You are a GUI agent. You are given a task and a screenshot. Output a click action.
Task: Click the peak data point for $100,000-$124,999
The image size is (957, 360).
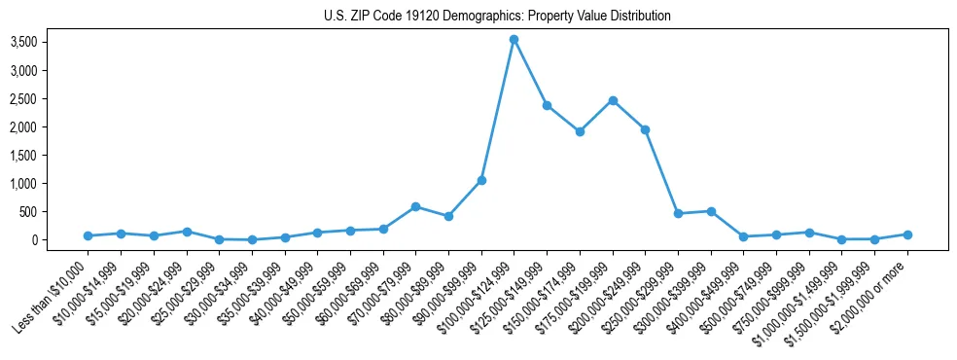click(514, 40)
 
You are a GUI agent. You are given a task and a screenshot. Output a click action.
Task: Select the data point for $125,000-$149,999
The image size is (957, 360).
click(547, 105)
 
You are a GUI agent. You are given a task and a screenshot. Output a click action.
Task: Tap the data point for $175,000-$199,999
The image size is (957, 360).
click(613, 100)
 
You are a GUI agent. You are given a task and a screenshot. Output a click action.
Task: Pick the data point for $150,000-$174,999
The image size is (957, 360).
click(580, 131)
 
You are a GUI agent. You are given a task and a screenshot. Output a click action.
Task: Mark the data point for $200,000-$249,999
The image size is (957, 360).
click(645, 129)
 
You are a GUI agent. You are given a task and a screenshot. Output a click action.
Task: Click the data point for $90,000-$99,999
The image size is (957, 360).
click(481, 180)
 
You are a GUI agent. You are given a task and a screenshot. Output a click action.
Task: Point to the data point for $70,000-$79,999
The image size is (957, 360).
click(415, 206)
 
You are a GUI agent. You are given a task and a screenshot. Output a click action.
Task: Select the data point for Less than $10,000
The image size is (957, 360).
click(88, 235)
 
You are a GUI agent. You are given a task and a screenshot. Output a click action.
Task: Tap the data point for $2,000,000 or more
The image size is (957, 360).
click(907, 234)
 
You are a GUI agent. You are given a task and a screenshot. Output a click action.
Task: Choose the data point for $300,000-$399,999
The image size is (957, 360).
click(711, 211)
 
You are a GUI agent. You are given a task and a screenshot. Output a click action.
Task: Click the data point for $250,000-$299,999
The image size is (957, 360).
click(678, 213)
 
